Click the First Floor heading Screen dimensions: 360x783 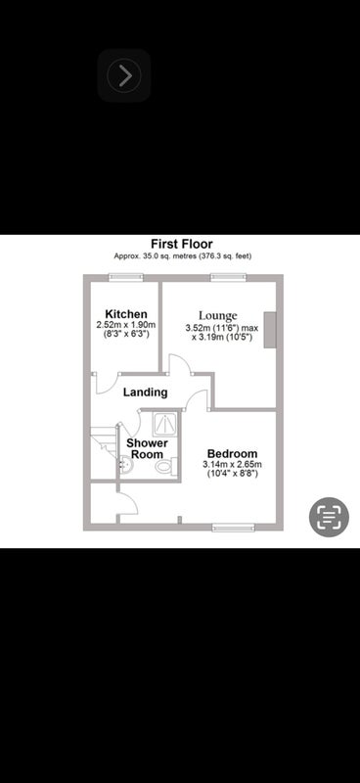pyautogui.click(x=182, y=244)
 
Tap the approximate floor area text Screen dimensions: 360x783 pyautogui.click(x=182, y=256)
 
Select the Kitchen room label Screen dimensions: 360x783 pyautogui.click(x=126, y=314)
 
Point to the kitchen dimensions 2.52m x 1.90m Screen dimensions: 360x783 pyautogui.click(x=126, y=325)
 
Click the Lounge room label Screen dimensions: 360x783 pyautogui.click(x=218, y=316)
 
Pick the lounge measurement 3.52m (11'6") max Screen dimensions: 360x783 pyautogui.click(x=222, y=329)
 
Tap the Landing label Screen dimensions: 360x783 pyautogui.click(x=146, y=392)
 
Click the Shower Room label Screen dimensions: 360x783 pyautogui.click(x=147, y=448)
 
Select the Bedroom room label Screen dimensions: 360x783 pyautogui.click(x=232, y=454)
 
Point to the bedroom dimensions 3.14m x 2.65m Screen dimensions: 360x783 pyautogui.click(x=232, y=464)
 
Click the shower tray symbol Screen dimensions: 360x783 pyautogui.click(x=164, y=425)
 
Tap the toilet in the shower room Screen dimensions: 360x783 pyautogui.click(x=165, y=467)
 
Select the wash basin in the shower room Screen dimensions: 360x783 pyautogui.click(x=125, y=466)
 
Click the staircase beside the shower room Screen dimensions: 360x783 pyautogui.click(x=104, y=443)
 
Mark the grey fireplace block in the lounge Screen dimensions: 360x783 pyautogui.click(x=270, y=329)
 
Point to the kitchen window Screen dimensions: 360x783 pyautogui.click(x=126, y=277)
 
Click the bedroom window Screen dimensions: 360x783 pyautogui.click(x=233, y=528)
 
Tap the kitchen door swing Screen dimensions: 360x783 pyautogui.click(x=106, y=384)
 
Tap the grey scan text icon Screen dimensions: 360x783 pyautogui.click(x=329, y=517)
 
